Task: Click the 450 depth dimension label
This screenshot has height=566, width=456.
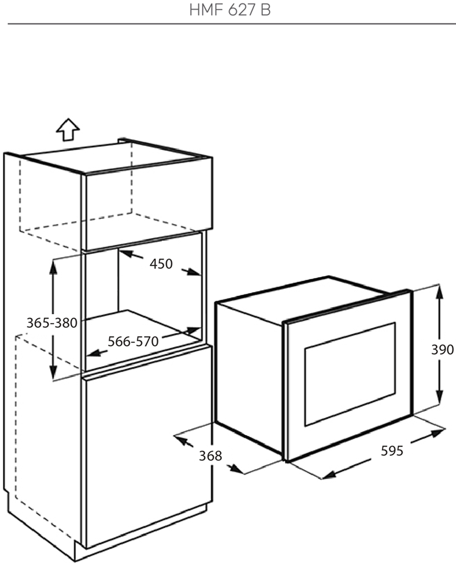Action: (161, 264)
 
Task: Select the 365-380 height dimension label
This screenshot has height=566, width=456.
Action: (51, 323)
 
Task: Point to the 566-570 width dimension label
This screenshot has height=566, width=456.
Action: (133, 341)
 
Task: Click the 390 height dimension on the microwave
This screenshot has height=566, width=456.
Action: (442, 350)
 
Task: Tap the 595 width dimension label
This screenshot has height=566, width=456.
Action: (392, 451)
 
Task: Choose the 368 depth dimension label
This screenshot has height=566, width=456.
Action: (210, 456)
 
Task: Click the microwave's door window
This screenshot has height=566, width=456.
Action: (350, 374)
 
